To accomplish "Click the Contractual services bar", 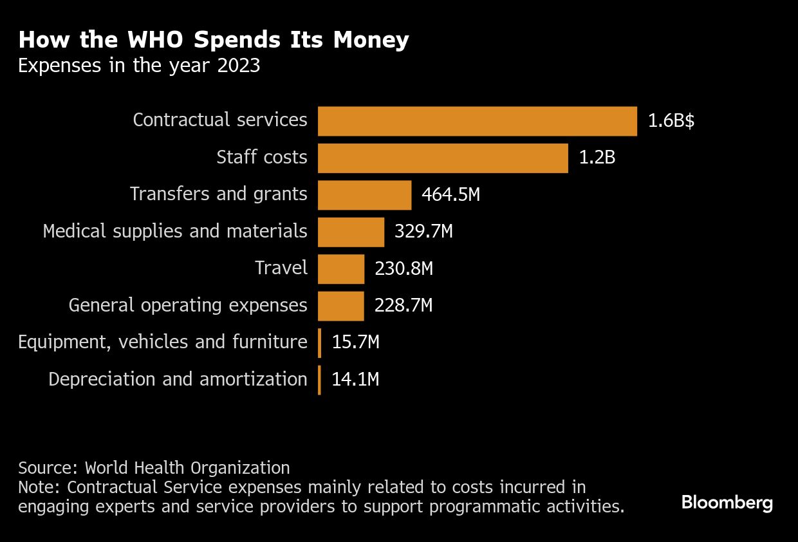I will point(477,121).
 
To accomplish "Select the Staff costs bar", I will point(443,158).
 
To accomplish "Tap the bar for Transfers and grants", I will point(364,195).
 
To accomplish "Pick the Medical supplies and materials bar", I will point(351,232).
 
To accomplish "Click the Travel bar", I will point(341,268).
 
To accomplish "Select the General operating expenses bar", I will point(340,306).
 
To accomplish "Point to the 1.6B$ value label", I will point(671,122).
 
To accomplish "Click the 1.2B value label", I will point(597,158).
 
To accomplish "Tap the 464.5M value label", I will point(450,195).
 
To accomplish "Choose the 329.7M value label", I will point(423,232).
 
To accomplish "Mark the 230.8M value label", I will point(404,268).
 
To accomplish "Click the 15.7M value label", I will point(355,342).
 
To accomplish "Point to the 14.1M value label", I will point(355,379).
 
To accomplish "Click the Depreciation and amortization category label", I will point(178,379).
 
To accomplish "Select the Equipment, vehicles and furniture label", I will point(162,342).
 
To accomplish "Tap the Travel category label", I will point(281,268).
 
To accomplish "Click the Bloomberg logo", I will point(727,503).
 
